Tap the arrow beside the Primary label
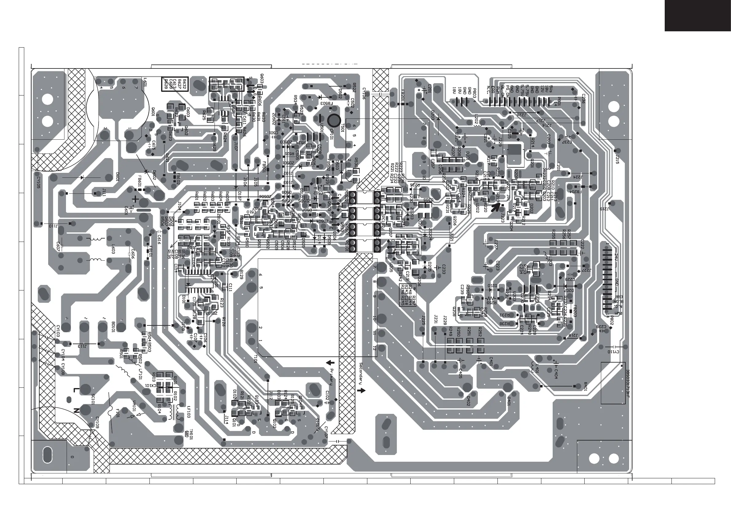pos(331,363)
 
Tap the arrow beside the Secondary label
pos(362,391)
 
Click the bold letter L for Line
pos(76,390)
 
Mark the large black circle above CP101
pos(334,120)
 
